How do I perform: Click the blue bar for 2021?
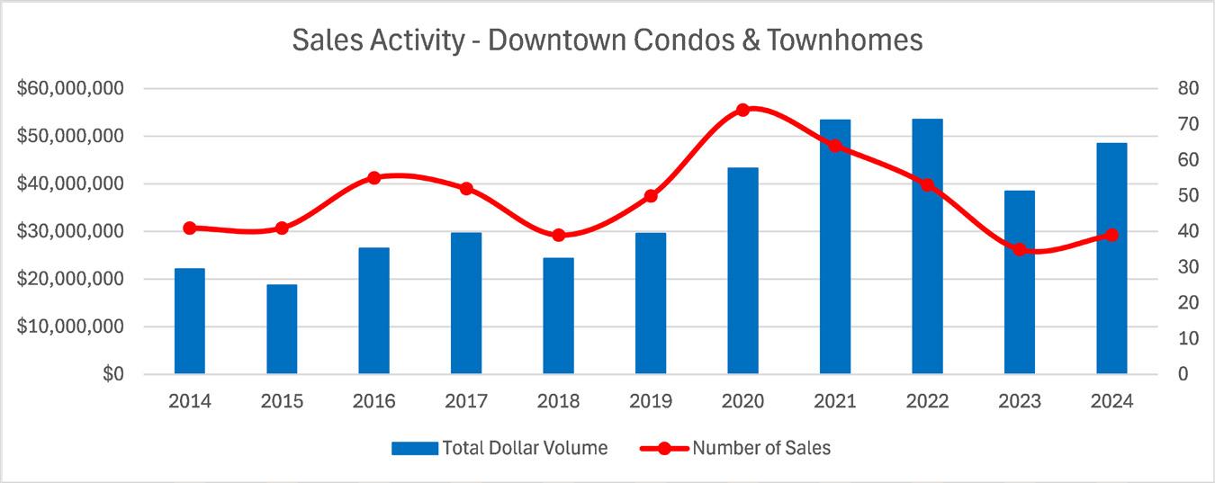coord(834,246)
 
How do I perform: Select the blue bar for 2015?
coord(282,329)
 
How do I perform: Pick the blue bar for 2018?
coord(558,316)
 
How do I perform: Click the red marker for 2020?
coord(742,110)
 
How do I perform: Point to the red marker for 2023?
coord(1019,249)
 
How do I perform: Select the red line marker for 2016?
coord(374,178)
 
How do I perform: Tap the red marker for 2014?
coord(190,228)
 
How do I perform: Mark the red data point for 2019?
coord(651,196)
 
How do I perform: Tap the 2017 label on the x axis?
coord(466,401)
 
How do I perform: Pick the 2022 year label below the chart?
coord(927,401)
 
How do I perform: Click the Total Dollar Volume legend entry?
coord(524,448)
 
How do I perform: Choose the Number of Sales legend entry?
coord(761,448)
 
